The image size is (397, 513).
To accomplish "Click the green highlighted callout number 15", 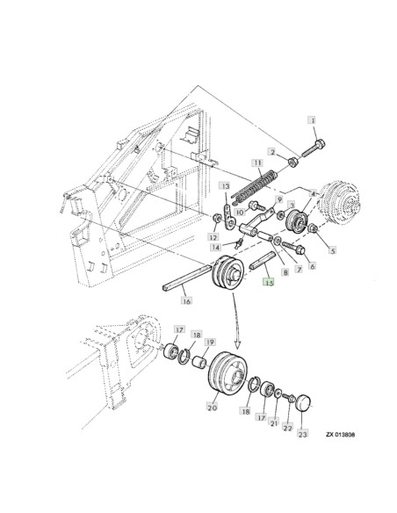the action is (269, 283).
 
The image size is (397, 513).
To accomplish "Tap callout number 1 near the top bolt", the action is (313, 120).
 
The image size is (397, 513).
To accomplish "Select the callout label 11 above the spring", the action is (258, 163).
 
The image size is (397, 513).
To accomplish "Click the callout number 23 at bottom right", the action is (303, 434).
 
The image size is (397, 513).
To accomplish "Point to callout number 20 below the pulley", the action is (213, 408).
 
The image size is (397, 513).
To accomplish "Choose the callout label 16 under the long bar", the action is (186, 300).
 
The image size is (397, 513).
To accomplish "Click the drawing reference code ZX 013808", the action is (340, 435).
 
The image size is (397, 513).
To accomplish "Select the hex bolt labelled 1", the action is (314, 148).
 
